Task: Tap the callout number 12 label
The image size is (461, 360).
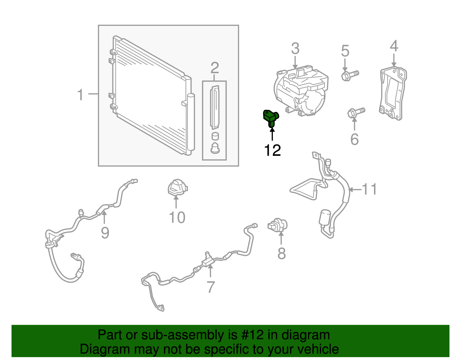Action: pyautogui.click(x=272, y=150)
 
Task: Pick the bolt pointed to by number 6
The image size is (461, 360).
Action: pyautogui.click(x=356, y=112)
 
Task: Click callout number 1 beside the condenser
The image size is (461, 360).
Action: pyautogui.click(x=80, y=95)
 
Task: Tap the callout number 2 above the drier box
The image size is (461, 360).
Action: pyautogui.click(x=215, y=68)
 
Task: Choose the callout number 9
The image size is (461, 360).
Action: pyautogui.click(x=105, y=232)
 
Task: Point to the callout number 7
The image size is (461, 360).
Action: pyautogui.click(x=211, y=287)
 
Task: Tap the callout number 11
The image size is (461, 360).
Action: pyautogui.click(x=369, y=189)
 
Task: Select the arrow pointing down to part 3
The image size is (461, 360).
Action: pyautogui.click(x=295, y=62)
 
